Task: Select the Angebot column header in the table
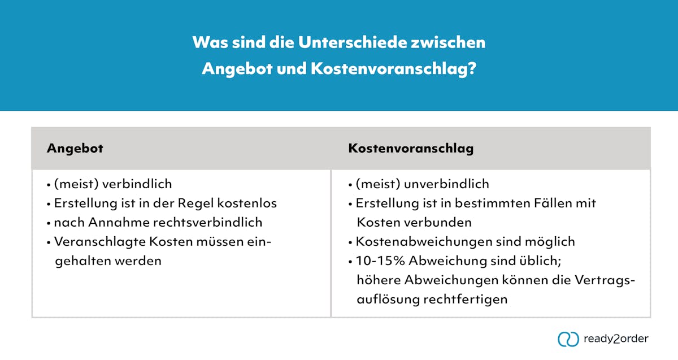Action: coord(75,149)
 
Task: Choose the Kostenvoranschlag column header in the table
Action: coord(411,149)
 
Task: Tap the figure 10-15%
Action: coord(379,262)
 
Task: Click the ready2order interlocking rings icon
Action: coord(568,339)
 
